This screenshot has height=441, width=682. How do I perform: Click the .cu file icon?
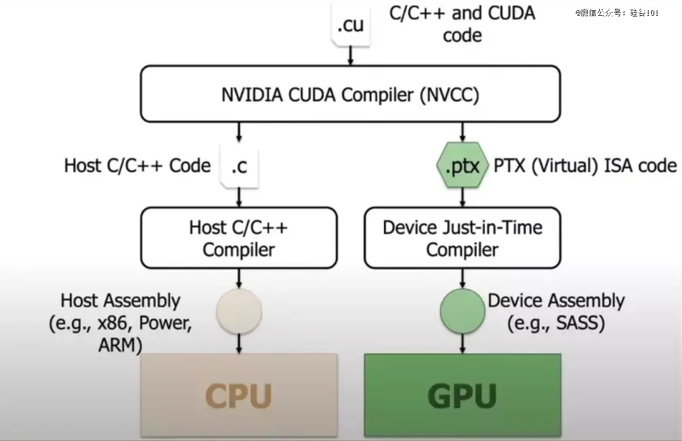tap(350, 23)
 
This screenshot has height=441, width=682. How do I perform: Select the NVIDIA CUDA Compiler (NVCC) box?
tap(350, 94)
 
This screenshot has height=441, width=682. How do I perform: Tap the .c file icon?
tap(239, 166)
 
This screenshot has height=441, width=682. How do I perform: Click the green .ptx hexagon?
tap(462, 166)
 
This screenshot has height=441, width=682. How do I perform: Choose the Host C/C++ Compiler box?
tap(239, 238)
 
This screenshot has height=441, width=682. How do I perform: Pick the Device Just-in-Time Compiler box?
tap(462, 238)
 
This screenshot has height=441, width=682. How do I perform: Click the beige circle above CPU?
tap(239, 311)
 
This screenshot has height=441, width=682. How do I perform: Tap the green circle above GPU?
tap(462, 311)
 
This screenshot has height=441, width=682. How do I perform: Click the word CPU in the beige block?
tap(238, 396)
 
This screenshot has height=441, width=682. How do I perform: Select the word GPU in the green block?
tap(462, 396)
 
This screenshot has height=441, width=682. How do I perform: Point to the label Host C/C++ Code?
tap(138, 166)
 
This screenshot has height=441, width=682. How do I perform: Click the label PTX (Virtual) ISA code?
tap(585, 166)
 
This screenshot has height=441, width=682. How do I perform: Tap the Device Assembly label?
tap(556, 311)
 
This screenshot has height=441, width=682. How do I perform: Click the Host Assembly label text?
tap(121, 323)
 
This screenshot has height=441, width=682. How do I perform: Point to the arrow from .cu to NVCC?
tap(350, 56)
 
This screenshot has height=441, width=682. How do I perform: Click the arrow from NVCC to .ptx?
tap(462, 132)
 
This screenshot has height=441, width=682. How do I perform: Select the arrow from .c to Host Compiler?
tap(239, 198)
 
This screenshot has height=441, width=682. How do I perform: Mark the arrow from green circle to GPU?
tap(462, 344)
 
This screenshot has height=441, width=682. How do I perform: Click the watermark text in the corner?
tap(617, 13)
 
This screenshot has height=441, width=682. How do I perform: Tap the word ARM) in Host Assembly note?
tap(121, 345)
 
